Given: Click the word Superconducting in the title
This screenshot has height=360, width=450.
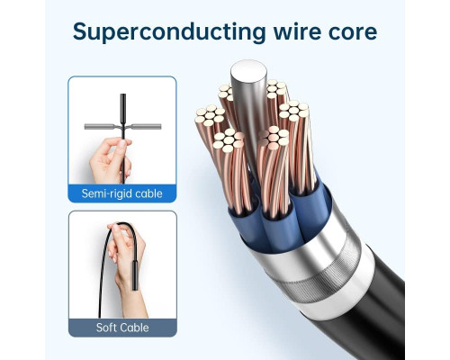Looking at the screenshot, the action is (x=169, y=32).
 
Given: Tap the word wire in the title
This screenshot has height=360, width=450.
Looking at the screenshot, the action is (x=297, y=31).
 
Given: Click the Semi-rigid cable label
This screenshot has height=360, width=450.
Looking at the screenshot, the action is (x=122, y=193).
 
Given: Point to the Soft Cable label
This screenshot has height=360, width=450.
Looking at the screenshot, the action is (x=122, y=328).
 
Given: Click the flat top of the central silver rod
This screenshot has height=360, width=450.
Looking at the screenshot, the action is (x=248, y=71).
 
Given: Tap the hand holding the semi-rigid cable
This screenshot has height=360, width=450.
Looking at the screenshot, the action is (x=110, y=160).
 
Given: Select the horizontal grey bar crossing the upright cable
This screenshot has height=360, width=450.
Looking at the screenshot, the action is (x=122, y=127).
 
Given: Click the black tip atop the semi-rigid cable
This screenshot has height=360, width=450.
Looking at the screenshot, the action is (x=123, y=108).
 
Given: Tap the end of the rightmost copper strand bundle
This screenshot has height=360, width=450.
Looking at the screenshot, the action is (x=293, y=110).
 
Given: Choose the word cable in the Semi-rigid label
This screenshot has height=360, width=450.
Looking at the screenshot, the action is (x=148, y=193).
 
